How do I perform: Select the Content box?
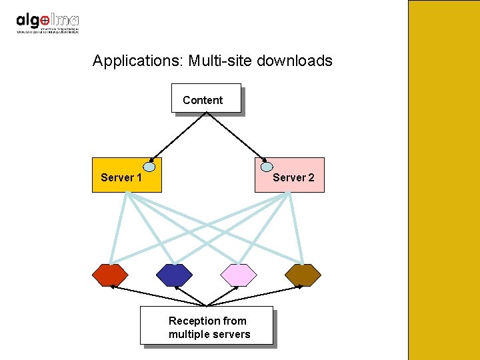point(205,99)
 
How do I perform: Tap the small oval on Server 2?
point(267,166)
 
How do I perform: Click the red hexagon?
point(109,275)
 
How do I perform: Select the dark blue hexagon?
point(174,275)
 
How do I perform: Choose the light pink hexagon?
point(239,275)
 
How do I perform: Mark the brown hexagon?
point(303,275)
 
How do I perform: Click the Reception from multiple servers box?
point(207,325)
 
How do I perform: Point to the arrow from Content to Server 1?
point(179,136)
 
